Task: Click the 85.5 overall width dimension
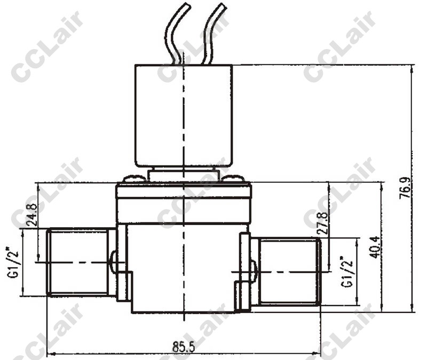pos(184,347)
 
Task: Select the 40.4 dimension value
pos(376,247)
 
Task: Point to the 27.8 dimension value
pos(323,223)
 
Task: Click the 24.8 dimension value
pos(32,215)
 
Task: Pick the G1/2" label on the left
pos(13,262)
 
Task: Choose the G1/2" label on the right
pos(346,272)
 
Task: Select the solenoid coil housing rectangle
pos(184,116)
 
